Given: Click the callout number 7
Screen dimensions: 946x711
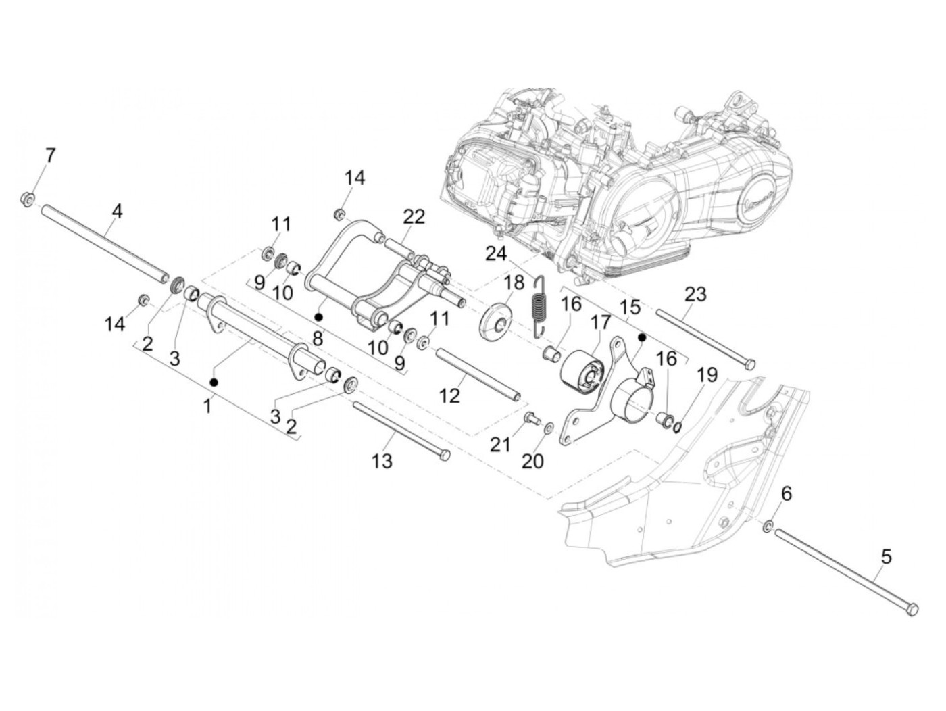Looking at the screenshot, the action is pyautogui.click(x=51, y=155).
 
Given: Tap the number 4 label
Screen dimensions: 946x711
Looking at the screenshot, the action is pyautogui.click(x=117, y=212).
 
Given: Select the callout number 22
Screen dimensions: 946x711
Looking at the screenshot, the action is pyautogui.click(x=414, y=216).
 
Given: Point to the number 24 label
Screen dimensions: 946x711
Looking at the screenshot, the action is pyautogui.click(x=497, y=254).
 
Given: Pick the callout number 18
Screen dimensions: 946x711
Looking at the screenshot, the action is pyautogui.click(x=514, y=283).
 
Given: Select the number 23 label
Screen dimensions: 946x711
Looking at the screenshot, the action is pyautogui.click(x=695, y=294).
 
